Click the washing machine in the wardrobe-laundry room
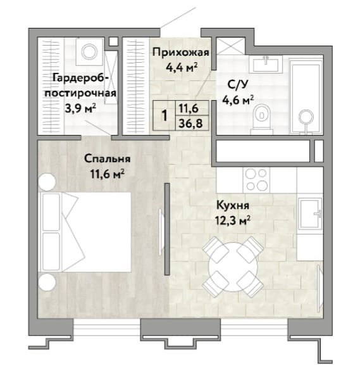(89, 51)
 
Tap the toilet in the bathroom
(262, 118)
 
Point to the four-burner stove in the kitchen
(256, 180)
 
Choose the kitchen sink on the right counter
(310, 213)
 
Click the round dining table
(233, 267)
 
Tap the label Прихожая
(181, 53)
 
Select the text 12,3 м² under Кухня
(233, 221)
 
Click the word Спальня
(108, 159)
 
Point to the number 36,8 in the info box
(190, 124)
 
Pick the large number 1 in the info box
(164, 115)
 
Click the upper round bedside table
(47, 182)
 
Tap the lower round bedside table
(47, 282)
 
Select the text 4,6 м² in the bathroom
(238, 100)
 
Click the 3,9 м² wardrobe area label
(80, 108)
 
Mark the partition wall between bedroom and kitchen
(167, 229)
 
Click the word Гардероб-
(81, 78)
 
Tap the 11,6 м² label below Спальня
(108, 174)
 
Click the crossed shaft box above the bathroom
(230, 46)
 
